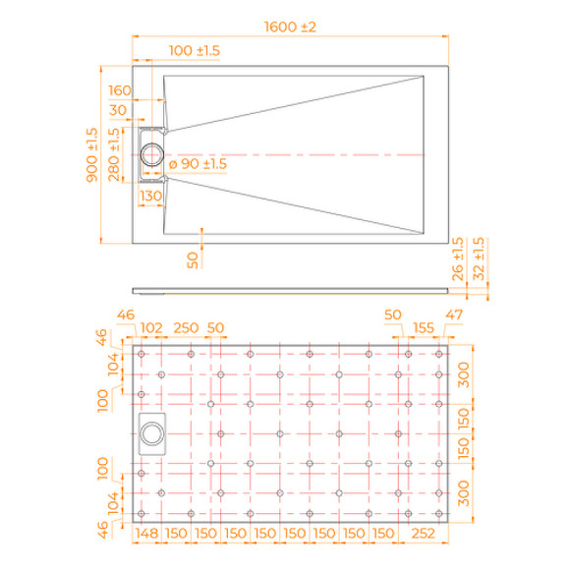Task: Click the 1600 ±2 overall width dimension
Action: pos(289,28)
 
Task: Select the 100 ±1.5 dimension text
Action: pos(194,50)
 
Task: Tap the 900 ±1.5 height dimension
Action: pos(91,155)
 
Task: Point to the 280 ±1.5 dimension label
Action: pos(114,153)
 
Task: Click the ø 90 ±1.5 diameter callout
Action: pos(198,164)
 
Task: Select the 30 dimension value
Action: pos(118,109)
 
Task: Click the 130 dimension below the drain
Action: pos(150,197)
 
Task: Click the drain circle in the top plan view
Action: pos(152,154)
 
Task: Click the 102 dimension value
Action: pos(151,327)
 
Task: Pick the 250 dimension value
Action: pos(186,327)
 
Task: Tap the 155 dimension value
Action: pos(424,327)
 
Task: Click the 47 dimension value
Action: pos(452,314)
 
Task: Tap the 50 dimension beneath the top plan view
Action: pos(193,258)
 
